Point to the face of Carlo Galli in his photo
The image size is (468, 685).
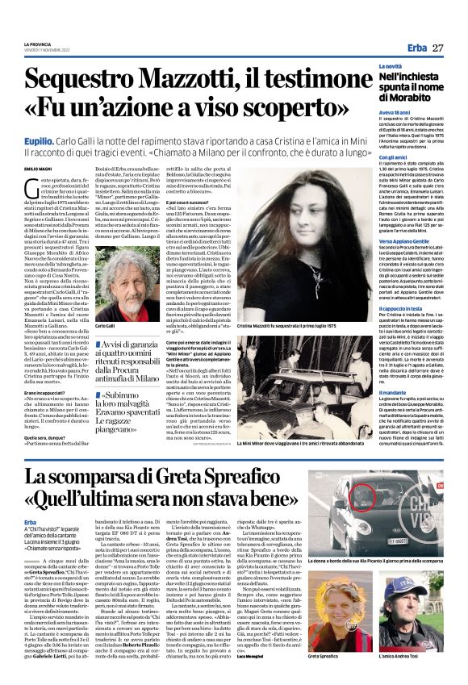tap(122, 282)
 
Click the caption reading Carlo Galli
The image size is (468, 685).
tap(106, 326)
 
